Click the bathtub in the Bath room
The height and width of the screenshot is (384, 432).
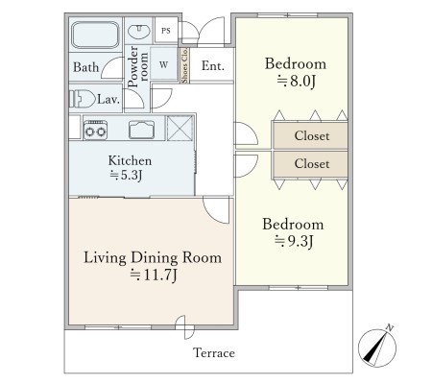click(95, 35)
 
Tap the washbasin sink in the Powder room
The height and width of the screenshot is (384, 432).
click(139, 32)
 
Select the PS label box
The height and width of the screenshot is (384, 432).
click(166, 31)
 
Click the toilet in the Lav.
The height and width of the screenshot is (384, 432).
click(83, 99)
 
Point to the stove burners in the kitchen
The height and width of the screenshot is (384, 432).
click(95, 131)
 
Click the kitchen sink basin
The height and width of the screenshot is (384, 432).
click(141, 130)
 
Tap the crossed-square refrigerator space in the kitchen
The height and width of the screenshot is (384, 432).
click(180, 128)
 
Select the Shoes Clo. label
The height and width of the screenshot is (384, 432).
click(184, 65)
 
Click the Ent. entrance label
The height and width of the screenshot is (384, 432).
click(213, 65)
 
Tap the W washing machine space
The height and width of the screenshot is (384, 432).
click(163, 64)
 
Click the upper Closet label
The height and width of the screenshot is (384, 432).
click(312, 135)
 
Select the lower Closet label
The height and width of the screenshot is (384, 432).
click(312, 163)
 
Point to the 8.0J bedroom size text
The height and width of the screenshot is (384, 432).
click(297, 82)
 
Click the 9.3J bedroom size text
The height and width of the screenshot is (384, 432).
click(294, 241)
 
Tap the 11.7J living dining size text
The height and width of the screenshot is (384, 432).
click(154, 276)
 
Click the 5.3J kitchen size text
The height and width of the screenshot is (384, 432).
click(126, 176)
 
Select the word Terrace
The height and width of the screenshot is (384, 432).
click(214, 353)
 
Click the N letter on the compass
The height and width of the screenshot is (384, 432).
click(390, 327)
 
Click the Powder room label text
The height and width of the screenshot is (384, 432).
click(137, 66)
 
